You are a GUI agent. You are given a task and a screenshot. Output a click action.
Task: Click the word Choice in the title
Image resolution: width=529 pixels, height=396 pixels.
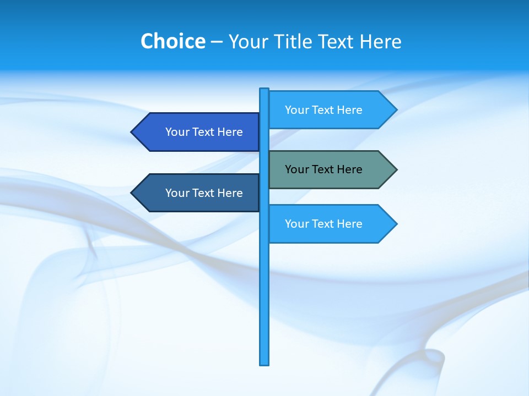(173, 41)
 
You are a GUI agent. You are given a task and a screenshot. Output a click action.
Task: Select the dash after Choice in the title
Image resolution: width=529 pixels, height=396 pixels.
(217, 42)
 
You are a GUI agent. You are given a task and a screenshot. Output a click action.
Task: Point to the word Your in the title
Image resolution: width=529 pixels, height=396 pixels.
(248, 42)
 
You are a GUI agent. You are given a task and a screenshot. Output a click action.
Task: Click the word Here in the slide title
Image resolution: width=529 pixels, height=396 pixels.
(380, 41)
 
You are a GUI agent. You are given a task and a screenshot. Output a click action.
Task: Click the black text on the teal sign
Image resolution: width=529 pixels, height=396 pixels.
(323, 169)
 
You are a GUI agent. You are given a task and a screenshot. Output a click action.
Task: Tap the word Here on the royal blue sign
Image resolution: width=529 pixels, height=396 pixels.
(230, 132)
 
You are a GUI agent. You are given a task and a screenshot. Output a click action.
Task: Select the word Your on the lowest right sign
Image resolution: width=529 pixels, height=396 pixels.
(297, 224)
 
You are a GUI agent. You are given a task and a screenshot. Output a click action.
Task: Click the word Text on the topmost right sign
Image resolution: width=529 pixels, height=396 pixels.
(323, 110)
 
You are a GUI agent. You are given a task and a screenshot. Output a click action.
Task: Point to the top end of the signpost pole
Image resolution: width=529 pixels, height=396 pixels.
(264, 90)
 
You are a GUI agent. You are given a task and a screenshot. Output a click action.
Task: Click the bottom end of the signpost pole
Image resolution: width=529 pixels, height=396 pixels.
(264, 364)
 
